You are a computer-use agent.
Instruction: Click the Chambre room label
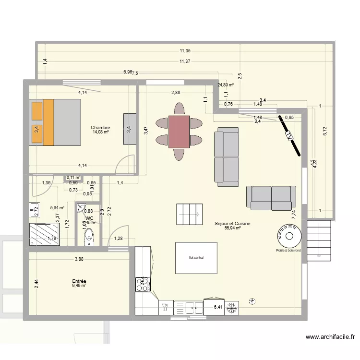coord(102,128)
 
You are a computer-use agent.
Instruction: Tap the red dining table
coord(179,131)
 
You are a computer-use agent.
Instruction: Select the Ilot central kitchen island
coord(196,258)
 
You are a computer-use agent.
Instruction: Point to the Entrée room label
coord(79,281)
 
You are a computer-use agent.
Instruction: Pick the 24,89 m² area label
coord(225,85)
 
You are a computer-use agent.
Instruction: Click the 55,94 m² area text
coord(232,228)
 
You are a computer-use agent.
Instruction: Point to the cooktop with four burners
coord(143,284)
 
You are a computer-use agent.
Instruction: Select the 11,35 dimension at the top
coord(185,51)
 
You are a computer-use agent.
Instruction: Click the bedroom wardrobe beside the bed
coord(130,129)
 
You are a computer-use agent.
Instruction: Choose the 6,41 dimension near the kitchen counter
coord(218,307)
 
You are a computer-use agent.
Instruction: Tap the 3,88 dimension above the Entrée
coord(79,260)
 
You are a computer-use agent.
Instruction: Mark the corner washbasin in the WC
coord(80,209)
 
